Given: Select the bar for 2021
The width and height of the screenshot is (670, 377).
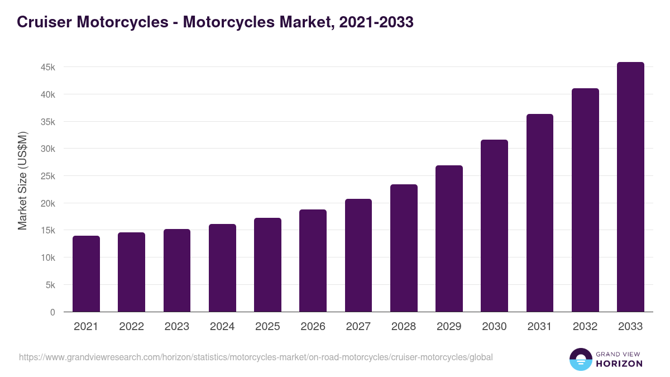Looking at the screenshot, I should pyautogui.click(x=86, y=274).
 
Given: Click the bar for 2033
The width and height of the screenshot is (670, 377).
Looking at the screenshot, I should pyautogui.click(x=630, y=187).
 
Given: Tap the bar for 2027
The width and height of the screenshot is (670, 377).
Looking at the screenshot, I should pyautogui.click(x=358, y=255).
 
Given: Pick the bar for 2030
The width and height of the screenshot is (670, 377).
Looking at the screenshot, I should pyautogui.click(x=494, y=226).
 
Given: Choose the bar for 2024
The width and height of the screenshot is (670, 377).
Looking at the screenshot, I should pyautogui.click(x=222, y=268).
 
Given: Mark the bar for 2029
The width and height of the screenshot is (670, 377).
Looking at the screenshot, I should pyautogui.click(x=449, y=238).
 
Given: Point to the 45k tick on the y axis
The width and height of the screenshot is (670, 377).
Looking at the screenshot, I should pyautogui.click(x=48, y=67).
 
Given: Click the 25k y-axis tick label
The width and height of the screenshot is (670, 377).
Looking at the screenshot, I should pyautogui.click(x=48, y=176).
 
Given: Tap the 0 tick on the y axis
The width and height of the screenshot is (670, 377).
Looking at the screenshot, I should pyautogui.click(x=52, y=312).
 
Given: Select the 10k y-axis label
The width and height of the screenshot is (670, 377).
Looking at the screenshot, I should pyautogui.click(x=48, y=257).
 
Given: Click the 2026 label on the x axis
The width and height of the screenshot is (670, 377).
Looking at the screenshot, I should pyautogui.click(x=313, y=327).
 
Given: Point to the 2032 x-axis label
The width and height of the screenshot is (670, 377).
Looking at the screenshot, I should pyautogui.click(x=585, y=327).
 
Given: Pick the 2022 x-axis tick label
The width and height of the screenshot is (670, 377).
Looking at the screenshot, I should pyautogui.click(x=131, y=327).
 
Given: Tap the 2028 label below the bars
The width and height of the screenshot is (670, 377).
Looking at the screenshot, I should pyautogui.click(x=404, y=327).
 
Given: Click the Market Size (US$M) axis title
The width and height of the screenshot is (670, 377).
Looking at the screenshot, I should pyautogui.click(x=22, y=180).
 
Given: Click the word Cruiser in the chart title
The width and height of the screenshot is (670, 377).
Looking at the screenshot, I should pyautogui.click(x=44, y=22).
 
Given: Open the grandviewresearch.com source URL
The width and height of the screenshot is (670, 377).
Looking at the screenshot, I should pyautogui.click(x=256, y=357).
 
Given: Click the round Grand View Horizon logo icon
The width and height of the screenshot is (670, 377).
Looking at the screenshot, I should pyautogui.click(x=580, y=359).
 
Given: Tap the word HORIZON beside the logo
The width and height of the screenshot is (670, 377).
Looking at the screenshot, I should pyautogui.click(x=619, y=364).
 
